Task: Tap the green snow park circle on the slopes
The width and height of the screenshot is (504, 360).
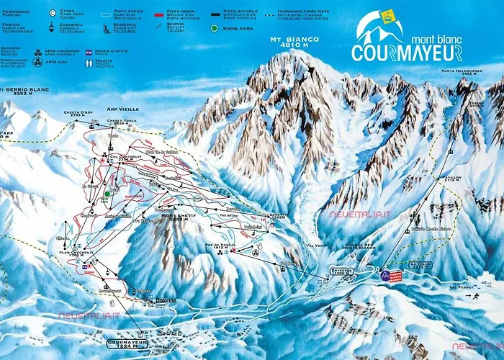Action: click(x=107, y=193)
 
